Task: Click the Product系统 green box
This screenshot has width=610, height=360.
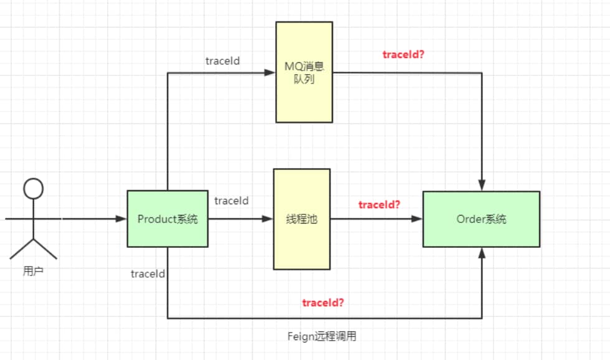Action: pyautogui.click(x=167, y=219)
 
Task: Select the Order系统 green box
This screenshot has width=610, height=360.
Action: pyautogui.click(x=481, y=219)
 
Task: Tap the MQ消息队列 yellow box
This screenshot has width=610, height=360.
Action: pyautogui.click(x=304, y=72)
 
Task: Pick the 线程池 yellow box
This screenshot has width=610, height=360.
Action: pyautogui.click(x=301, y=219)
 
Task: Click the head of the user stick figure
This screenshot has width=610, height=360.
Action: pyautogui.click(x=34, y=187)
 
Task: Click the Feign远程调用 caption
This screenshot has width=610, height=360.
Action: pyautogui.click(x=322, y=336)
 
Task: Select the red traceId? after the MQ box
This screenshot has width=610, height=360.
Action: pyautogui.click(x=403, y=54)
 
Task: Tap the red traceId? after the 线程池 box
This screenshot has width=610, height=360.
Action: pyautogui.click(x=379, y=204)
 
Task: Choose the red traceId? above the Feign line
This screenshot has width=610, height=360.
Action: pyautogui.click(x=323, y=303)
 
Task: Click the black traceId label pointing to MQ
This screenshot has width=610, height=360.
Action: pyautogui.click(x=223, y=61)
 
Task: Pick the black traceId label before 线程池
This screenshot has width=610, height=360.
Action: pyautogui.click(x=232, y=201)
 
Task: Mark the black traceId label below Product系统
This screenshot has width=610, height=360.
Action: pyautogui.click(x=148, y=273)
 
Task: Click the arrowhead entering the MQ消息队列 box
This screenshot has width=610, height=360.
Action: pyautogui.click(x=270, y=72)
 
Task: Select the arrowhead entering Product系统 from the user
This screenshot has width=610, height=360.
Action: pyautogui.click(x=121, y=219)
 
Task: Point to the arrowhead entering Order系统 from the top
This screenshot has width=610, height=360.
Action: pyautogui.click(x=482, y=185)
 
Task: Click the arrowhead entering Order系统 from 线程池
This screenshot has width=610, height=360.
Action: pyautogui.click(x=417, y=219)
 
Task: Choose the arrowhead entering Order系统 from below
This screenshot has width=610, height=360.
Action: pyautogui.click(x=482, y=252)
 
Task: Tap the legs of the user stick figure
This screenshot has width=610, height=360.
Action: pyautogui.click(x=34, y=248)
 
